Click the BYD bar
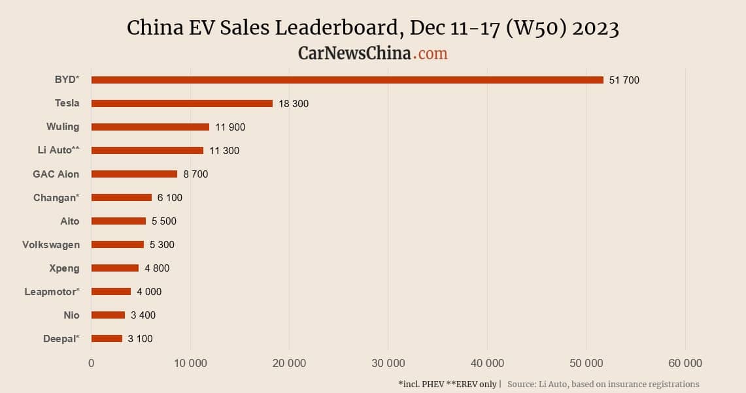point(347,80)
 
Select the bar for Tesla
point(182,104)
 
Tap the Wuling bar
point(150,127)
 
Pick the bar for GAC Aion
point(134,174)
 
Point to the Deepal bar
point(107,339)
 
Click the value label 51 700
point(624,80)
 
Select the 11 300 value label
point(224,151)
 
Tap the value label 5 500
point(163,221)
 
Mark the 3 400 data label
point(143,315)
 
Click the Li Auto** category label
point(58,150)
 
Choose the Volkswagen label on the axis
point(51,245)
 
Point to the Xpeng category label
point(64,268)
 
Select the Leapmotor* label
point(52,292)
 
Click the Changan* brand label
point(56,197)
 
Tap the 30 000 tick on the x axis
point(388,364)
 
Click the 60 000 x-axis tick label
point(685,364)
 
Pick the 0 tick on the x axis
point(92,364)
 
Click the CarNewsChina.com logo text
point(373,53)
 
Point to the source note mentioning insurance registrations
point(603,384)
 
